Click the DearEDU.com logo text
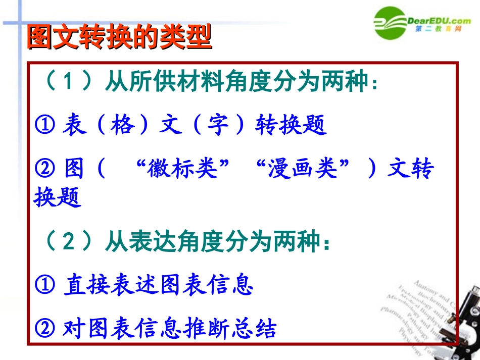click(x=439, y=21)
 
